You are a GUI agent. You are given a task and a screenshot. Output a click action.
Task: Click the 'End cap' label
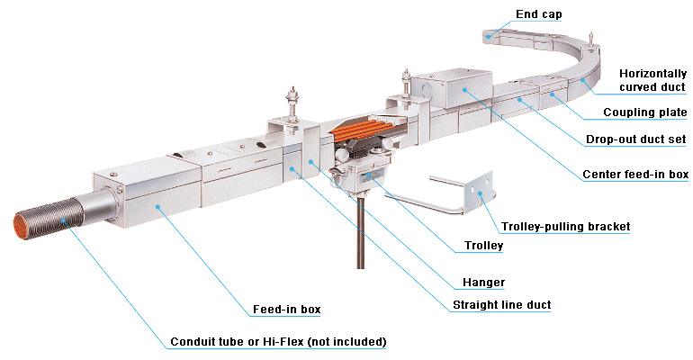point(538,14)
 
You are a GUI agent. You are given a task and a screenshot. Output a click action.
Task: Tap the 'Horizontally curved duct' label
point(652,80)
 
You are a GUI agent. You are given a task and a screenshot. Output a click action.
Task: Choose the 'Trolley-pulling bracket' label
point(566,227)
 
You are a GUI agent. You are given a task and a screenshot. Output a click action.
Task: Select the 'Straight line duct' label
point(500,306)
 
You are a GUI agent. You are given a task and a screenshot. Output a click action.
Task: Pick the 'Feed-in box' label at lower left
point(286,310)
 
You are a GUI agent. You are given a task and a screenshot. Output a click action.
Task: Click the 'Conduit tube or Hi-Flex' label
point(278,342)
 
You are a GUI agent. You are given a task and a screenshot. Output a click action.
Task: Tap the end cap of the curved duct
point(496,37)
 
